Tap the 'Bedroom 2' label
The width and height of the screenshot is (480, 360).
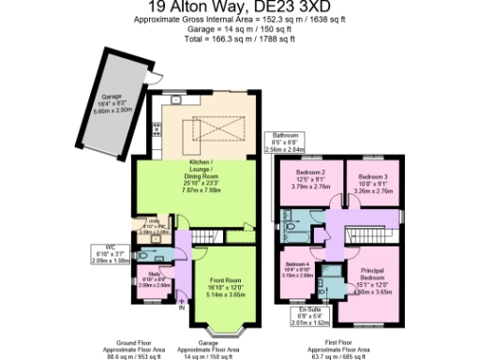click(x=310, y=172)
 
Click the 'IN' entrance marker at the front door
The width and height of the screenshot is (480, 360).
click(x=182, y=306)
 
